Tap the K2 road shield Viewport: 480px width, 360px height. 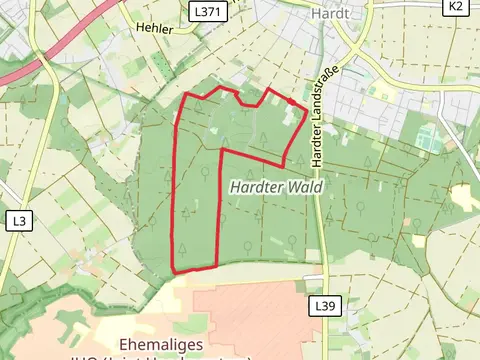tap(456, 6)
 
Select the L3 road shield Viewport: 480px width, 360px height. tap(19, 219)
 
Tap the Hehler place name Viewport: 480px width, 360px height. tap(155, 29)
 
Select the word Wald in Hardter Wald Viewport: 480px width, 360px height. tap(304, 187)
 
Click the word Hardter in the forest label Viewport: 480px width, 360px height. tap(256, 187)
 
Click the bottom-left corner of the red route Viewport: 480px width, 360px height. tap(175, 271)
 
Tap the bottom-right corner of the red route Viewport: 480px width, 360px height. tap(217, 267)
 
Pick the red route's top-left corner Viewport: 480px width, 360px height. tap(189, 94)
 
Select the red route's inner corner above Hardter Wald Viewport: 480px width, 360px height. tap(221, 151)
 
